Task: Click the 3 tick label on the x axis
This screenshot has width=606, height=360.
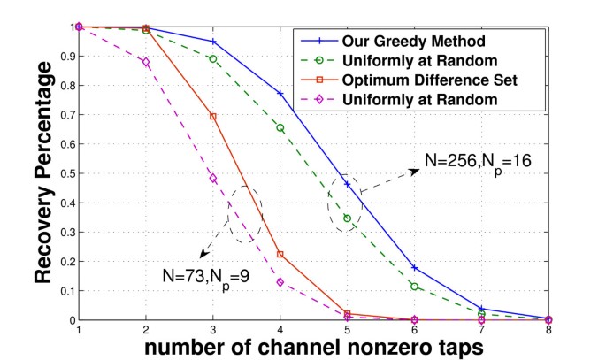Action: tap(213, 330)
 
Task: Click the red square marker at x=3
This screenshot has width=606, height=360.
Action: tap(213, 117)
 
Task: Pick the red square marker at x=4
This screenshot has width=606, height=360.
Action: tap(280, 255)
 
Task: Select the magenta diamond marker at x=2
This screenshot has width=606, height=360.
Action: tap(146, 62)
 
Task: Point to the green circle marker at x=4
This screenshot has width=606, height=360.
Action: tap(280, 128)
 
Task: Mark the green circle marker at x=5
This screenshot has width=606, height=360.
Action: tap(348, 218)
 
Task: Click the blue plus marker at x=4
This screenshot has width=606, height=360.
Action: tap(280, 94)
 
